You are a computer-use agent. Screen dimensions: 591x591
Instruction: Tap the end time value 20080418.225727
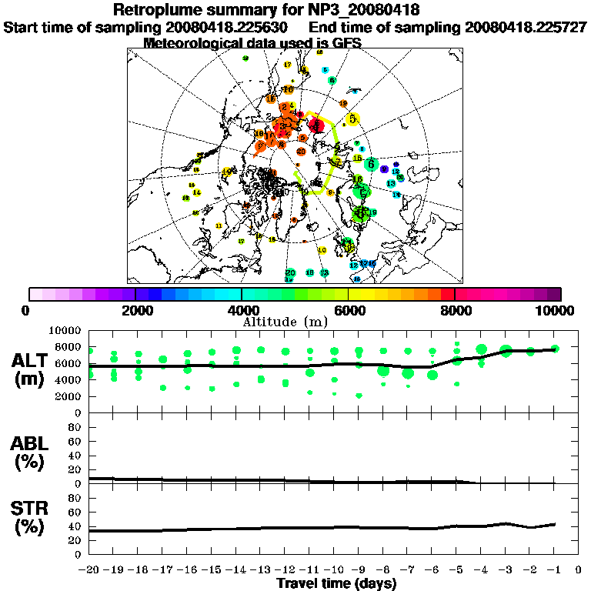tap(526, 27)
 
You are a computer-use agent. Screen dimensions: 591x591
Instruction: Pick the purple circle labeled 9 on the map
tap(384, 169)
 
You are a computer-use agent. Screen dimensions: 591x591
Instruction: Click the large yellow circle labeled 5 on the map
tap(352, 119)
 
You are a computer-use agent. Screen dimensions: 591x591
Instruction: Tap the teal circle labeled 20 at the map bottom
tap(290, 272)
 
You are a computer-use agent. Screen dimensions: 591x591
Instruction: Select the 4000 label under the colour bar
tap(242, 310)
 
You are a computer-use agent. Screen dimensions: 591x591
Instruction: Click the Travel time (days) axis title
tap(336, 583)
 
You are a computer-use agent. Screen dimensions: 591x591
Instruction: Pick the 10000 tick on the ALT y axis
tap(65, 330)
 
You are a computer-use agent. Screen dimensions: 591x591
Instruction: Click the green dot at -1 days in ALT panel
tap(554, 349)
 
